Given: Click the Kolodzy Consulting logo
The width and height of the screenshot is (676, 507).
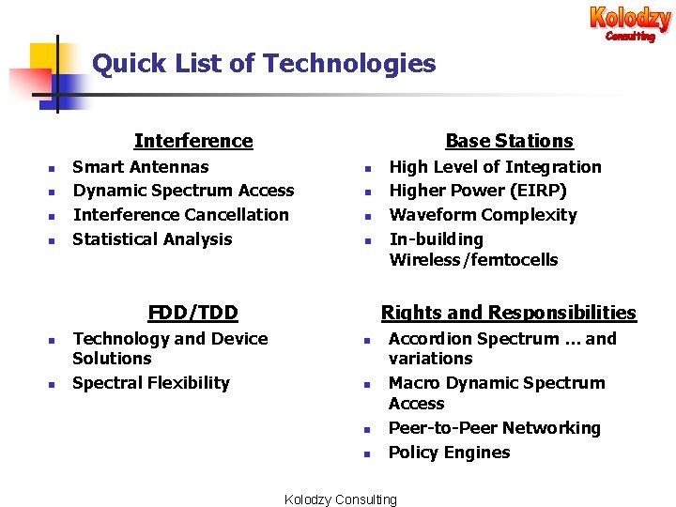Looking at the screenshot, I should [x=630, y=23].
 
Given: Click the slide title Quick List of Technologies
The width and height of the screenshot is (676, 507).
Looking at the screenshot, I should [x=264, y=64].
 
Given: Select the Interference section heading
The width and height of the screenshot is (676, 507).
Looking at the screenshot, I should [x=193, y=141].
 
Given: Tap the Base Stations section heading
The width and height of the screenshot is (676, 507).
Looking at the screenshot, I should [x=509, y=141].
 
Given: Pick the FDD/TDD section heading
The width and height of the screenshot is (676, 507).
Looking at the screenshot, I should [x=193, y=313].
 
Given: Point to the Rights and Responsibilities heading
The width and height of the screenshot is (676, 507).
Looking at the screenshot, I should [x=508, y=313].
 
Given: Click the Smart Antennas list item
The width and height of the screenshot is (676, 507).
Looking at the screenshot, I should [x=141, y=167].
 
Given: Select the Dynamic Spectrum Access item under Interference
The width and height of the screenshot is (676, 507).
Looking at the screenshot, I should [x=183, y=191].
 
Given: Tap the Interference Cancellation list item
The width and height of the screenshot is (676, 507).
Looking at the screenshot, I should [x=181, y=215].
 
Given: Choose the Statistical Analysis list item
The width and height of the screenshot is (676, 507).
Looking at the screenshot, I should [x=152, y=239].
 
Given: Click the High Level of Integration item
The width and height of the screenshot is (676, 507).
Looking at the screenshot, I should [x=495, y=167].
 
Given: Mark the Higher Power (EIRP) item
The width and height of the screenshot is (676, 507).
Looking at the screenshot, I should [x=478, y=191].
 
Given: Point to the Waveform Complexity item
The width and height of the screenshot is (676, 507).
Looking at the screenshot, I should [x=483, y=215].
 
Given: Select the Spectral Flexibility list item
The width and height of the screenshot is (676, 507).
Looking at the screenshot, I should [x=151, y=383].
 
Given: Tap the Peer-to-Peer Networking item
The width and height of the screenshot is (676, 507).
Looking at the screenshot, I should [x=494, y=428].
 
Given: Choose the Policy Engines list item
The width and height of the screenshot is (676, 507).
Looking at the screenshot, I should [x=449, y=453].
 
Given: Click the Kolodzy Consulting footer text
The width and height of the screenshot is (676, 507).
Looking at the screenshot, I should [x=340, y=499].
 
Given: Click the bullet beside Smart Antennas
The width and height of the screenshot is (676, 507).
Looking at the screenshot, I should [x=53, y=169].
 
